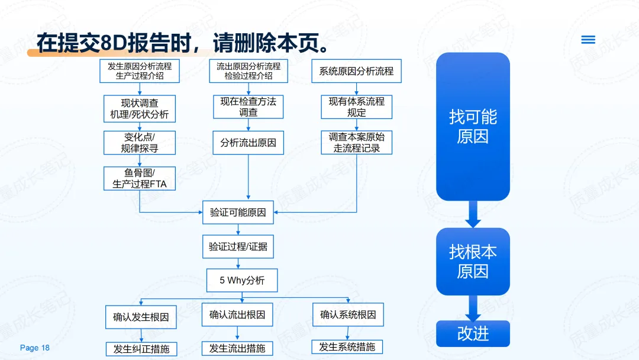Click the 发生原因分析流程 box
tap(140, 71)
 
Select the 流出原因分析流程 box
tap(248, 71)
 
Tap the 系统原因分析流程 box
tap(356, 71)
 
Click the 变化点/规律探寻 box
tap(140, 143)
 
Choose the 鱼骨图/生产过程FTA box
tap(140, 178)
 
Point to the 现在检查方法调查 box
tap(248, 107)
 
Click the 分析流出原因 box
tap(248, 143)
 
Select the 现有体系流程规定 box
tap(356, 107)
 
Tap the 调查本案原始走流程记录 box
tap(356, 143)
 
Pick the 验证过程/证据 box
tap(238, 246)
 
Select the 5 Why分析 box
tap(241, 280)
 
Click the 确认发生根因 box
tap(141, 317)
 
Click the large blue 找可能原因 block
tap(473, 127)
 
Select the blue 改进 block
tap(473, 333)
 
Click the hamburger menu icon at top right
tap(588, 40)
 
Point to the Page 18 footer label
tap(35, 348)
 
